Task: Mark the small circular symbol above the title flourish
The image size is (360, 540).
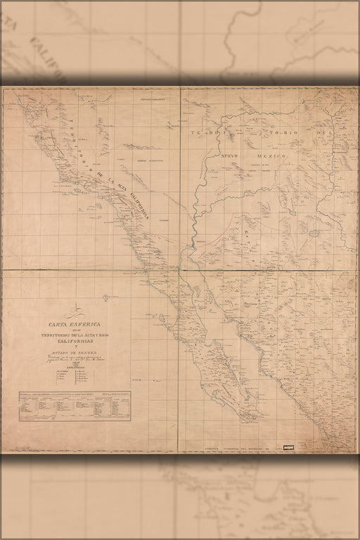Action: [105, 298]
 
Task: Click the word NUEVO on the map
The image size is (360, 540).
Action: [233, 154]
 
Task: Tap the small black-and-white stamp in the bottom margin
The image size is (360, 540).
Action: [287, 446]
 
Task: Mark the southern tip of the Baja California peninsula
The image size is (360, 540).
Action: [245, 420]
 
